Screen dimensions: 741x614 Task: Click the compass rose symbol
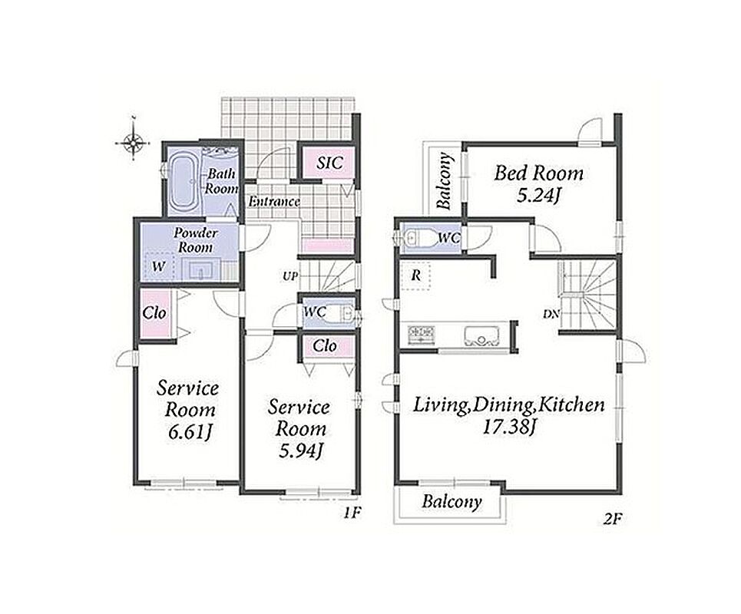(x=134, y=141)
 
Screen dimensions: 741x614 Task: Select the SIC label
(x=329, y=163)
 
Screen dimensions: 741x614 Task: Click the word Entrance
(x=274, y=202)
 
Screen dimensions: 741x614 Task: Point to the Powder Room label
(x=195, y=240)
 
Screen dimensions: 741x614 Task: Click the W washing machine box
(x=160, y=266)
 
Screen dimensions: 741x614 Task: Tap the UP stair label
(x=289, y=276)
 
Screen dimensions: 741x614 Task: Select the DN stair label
(x=551, y=314)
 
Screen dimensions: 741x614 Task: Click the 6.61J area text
(x=189, y=432)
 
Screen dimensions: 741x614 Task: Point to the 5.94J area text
(x=300, y=451)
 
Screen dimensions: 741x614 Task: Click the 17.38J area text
(x=508, y=427)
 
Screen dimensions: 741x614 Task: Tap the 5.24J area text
(x=538, y=195)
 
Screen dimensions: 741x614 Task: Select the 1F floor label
(x=352, y=513)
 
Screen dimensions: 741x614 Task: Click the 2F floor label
(x=613, y=520)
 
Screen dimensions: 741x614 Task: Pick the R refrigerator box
(x=415, y=276)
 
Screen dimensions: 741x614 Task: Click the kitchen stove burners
(x=422, y=333)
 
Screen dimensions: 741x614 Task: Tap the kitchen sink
(x=481, y=336)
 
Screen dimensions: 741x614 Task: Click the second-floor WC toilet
(x=418, y=238)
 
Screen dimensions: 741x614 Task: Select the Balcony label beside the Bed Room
(x=445, y=181)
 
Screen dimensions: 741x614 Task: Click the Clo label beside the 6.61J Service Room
(x=154, y=312)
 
